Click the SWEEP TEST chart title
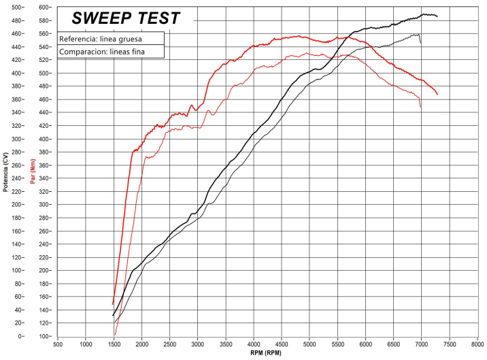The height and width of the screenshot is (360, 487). point(127,18)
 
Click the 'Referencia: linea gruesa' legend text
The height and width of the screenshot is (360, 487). point(100,38)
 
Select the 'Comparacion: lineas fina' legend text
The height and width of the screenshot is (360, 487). point(102,52)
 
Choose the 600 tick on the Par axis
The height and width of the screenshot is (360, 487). point(44,7)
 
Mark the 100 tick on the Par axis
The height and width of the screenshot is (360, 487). point(44,336)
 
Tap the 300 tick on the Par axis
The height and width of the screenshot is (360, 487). point(44,205)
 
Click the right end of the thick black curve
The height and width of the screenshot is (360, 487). point(437,16)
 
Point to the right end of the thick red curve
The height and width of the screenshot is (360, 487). point(437,95)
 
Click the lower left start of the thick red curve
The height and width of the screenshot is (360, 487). point(113,304)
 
